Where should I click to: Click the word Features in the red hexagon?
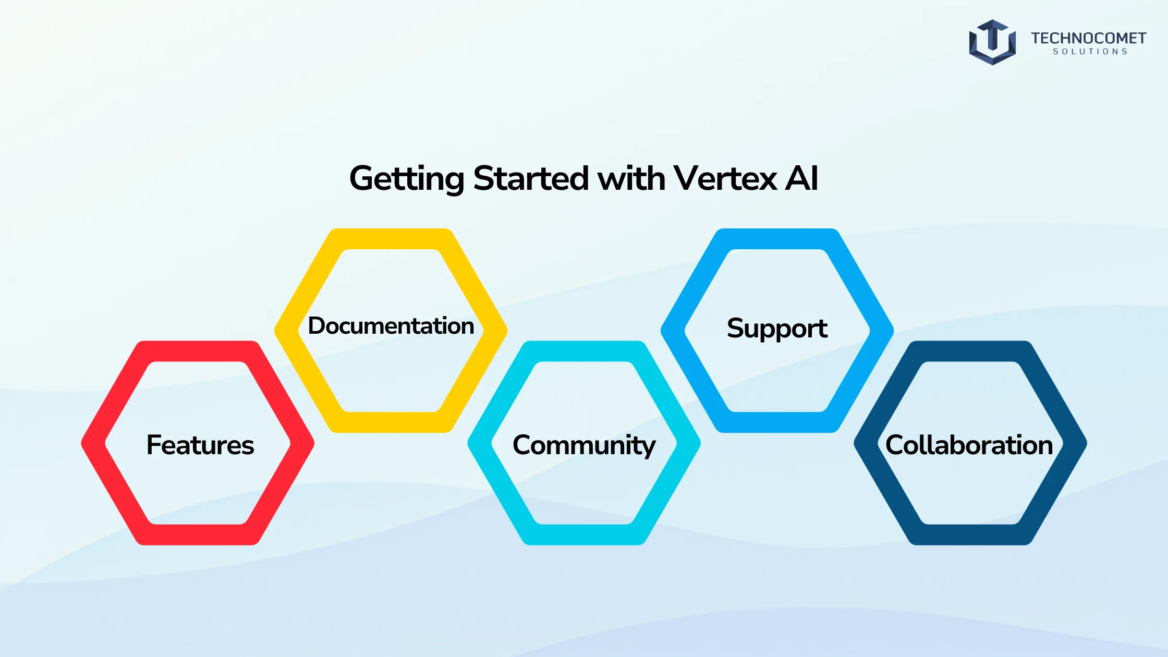click(x=200, y=445)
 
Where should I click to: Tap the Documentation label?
click(x=391, y=325)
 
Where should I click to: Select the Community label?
click(x=584, y=446)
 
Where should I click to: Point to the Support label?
click(x=777, y=328)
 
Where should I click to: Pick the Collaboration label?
click(x=969, y=445)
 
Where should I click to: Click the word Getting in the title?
click(x=407, y=179)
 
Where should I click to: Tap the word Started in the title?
click(x=531, y=178)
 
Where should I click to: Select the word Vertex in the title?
click(x=725, y=178)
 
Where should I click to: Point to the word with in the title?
click(x=631, y=178)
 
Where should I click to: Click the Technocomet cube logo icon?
click(x=992, y=42)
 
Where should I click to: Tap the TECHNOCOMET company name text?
click(x=1088, y=38)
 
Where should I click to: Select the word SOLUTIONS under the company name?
click(x=1090, y=52)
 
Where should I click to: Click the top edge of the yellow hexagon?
click(x=391, y=239)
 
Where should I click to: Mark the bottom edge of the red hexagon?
click(x=198, y=534)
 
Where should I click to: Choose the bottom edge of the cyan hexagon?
click(x=584, y=534)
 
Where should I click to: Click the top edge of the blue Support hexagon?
click(x=777, y=239)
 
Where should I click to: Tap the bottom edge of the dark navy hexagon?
click(x=970, y=534)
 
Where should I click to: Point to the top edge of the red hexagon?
click(x=198, y=351)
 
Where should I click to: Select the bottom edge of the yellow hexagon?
click(x=391, y=422)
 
